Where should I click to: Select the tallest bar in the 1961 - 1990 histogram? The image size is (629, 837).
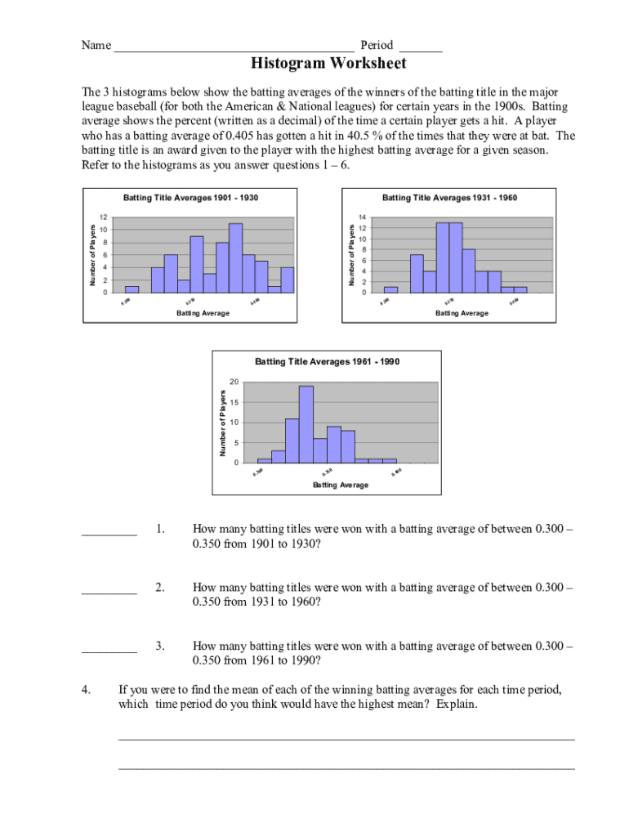point(306,423)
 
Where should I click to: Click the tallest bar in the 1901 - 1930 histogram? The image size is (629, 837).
point(235,257)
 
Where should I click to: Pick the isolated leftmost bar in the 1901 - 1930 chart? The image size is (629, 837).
point(132,289)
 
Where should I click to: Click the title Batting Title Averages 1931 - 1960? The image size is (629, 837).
point(449,198)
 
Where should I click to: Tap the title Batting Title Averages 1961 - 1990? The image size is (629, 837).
point(328,361)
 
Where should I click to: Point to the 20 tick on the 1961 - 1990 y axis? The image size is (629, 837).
point(234,383)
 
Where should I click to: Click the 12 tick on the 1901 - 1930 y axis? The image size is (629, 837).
point(102,217)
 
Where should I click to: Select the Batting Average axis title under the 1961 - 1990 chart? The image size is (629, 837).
point(341,485)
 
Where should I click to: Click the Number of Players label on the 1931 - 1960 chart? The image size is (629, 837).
point(350,255)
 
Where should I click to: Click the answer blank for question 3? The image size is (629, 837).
point(109,651)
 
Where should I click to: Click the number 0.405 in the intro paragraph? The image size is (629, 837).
point(245,136)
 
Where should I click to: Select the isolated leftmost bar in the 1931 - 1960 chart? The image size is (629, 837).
point(390,289)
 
